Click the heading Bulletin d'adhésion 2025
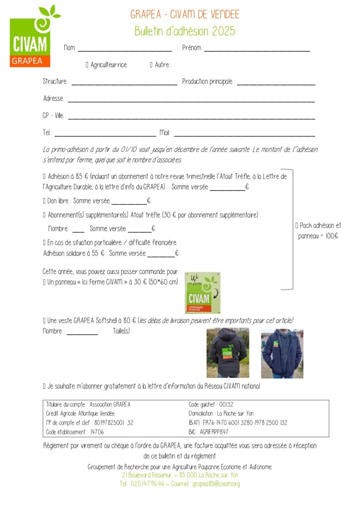(x=185, y=31)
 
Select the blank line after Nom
(x=125, y=49)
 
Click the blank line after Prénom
(x=257, y=49)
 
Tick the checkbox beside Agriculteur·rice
(x=87, y=65)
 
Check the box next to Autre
(x=151, y=65)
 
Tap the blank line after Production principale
(x=276, y=83)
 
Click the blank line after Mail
(x=244, y=134)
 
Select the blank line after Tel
(x=105, y=134)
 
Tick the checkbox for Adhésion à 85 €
(x=44, y=177)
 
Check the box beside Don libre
(x=44, y=201)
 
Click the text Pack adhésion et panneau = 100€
(x=318, y=231)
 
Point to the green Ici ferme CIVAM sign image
(x=202, y=292)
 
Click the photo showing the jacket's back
(x=228, y=353)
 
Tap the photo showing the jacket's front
(x=282, y=353)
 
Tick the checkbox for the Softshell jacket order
(x=44, y=321)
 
